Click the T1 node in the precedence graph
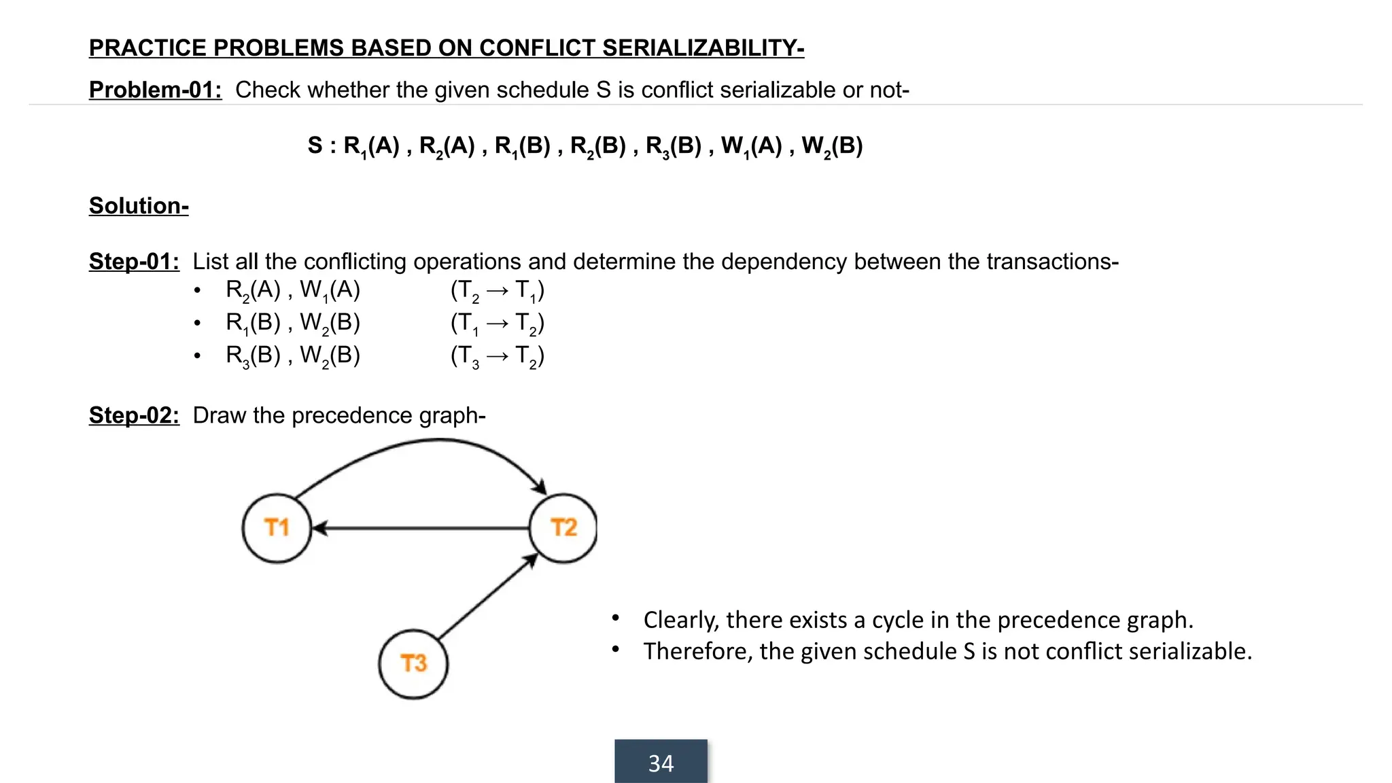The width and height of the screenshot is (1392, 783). tap(277, 528)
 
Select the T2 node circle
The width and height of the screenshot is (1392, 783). tap(563, 528)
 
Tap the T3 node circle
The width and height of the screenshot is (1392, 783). tap(413, 663)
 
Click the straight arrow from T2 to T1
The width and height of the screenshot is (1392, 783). tap(421, 528)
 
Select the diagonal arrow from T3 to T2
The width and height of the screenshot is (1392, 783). tap(488, 597)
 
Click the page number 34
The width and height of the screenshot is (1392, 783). tap(661, 763)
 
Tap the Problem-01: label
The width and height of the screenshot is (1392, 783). tap(155, 90)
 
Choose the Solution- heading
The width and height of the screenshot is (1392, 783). tap(139, 206)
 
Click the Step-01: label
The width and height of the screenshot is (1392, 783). tap(134, 262)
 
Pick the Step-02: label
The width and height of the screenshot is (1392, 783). tap(134, 415)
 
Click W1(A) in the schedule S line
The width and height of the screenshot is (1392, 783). tap(751, 146)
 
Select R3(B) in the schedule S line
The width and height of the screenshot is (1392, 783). tap(673, 146)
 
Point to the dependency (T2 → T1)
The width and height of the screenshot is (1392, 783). tap(497, 291)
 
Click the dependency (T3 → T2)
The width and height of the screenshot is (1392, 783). tap(497, 356)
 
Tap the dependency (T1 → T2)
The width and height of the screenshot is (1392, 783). tap(497, 324)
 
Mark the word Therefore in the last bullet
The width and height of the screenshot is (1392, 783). tap(698, 651)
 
